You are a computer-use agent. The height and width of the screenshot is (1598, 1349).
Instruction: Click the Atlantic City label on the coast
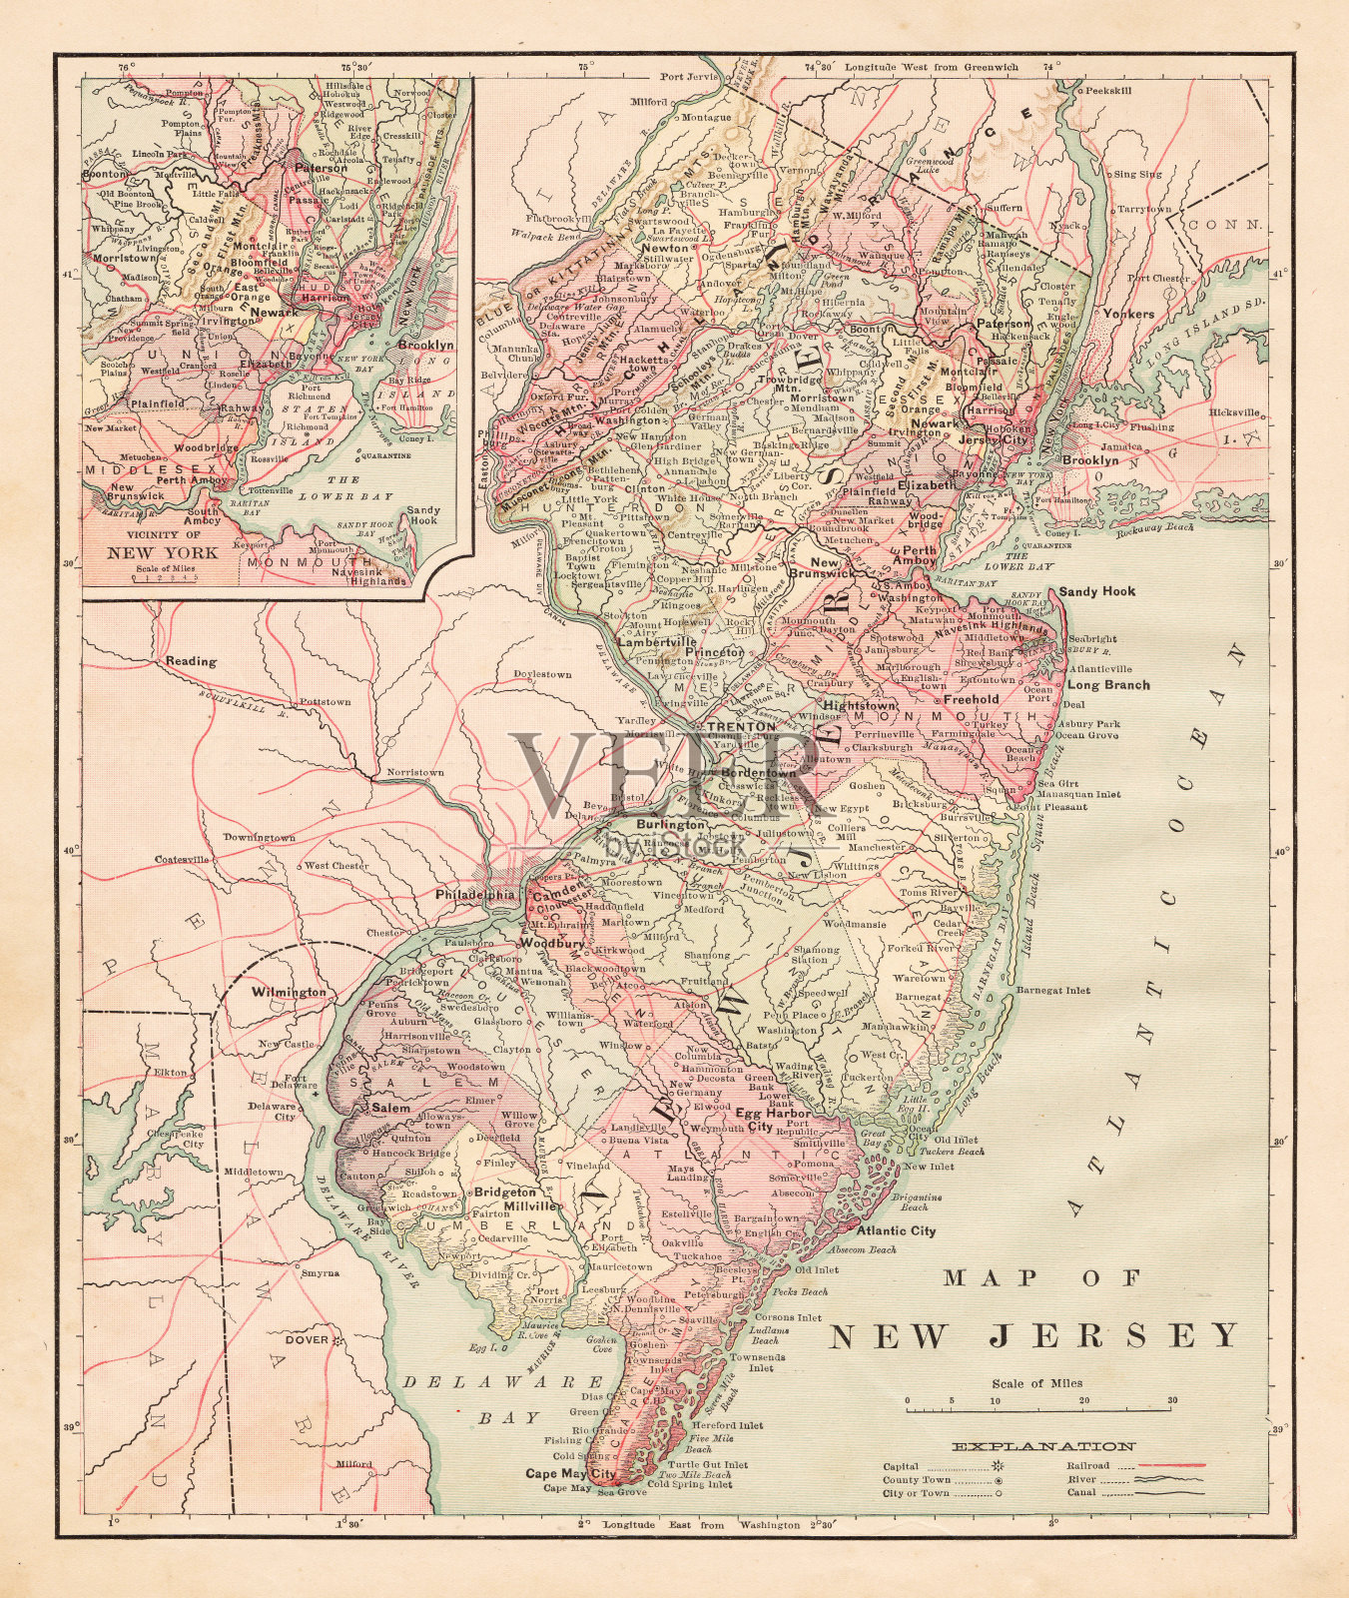[896, 1230]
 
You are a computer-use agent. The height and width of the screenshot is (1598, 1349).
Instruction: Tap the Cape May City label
[572, 1472]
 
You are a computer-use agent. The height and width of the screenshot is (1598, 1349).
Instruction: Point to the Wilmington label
[289, 992]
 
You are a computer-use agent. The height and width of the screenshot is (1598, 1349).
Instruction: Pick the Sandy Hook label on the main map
[1096, 591]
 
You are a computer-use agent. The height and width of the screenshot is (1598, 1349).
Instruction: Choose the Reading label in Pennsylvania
[191, 661]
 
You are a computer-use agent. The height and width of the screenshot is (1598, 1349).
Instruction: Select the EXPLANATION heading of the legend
[1043, 1445]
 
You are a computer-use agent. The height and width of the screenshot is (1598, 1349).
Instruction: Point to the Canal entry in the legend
[1080, 1492]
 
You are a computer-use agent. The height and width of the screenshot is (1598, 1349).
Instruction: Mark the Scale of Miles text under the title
[1036, 1383]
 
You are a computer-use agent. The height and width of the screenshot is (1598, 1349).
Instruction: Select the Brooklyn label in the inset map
[425, 345]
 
